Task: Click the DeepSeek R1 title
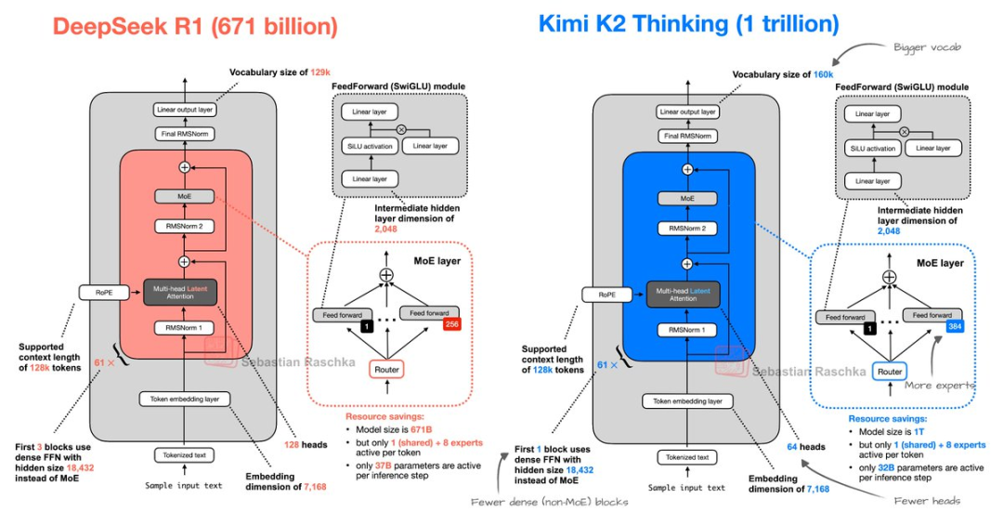pyautogui.click(x=194, y=26)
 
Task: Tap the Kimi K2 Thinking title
pyautogui.click(x=688, y=23)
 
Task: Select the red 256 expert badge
pyautogui.click(x=452, y=323)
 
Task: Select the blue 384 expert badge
pyautogui.click(x=954, y=326)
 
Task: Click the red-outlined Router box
pyautogui.click(x=386, y=370)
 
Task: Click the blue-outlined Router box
pyautogui.click(x=890, y=371)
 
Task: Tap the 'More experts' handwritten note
pyautogui.click(x=940, y=385)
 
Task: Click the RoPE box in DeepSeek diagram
pyautogui.click(x=102, y=294)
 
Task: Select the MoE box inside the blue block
pyautogui.click(x=687, y=198)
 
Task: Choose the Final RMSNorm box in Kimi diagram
pyautogui.click(x=687, y=137)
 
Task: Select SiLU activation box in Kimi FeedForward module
pyautogui.click(x=874, y=149)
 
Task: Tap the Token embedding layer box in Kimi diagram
pyautogui.click(x=687, y=401)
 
